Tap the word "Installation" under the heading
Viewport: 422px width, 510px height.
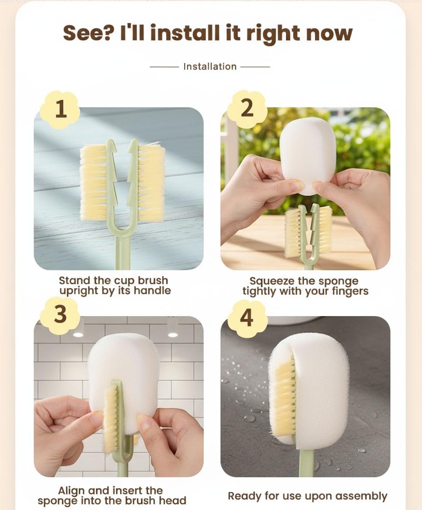tap(210, 66)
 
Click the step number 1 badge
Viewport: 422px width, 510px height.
tap(60, 110)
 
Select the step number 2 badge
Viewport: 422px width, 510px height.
tap(247, 108)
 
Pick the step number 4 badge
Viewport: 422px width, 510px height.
tap(247, 318)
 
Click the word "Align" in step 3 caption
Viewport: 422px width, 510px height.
tap(71, 490)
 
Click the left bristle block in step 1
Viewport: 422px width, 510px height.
tap(94, 182)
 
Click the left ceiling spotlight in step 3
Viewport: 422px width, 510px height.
tap(78, 334)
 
